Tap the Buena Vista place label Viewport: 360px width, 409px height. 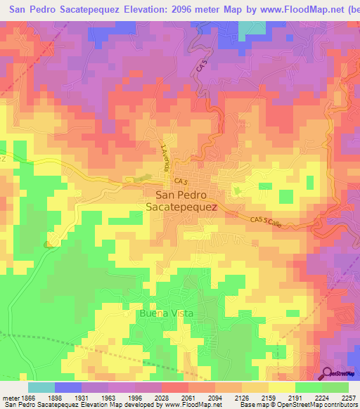166,313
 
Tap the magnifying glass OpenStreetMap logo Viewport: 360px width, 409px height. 327,373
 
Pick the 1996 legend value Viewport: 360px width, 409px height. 136,397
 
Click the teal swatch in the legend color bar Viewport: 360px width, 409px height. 41,387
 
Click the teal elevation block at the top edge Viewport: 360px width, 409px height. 248,29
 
